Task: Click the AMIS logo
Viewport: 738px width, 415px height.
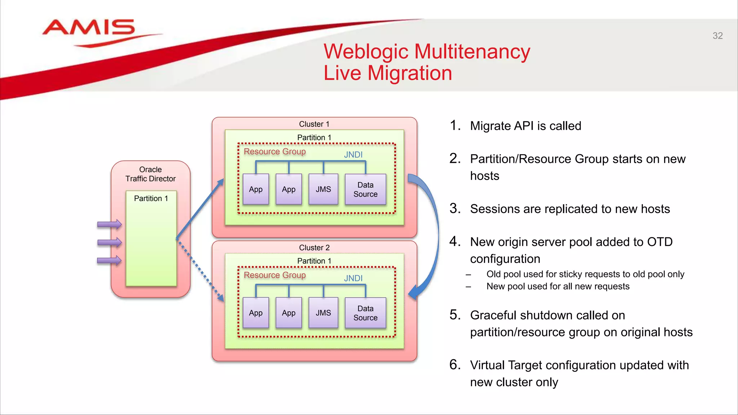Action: pyautogui.click(x=89, y=29)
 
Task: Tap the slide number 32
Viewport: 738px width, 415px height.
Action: pyautogui.click(x=717, y=36)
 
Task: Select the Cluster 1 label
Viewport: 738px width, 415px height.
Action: pyautogui.click(x=314, y=124)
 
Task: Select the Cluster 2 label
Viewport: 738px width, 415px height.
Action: pyautogui.click(x=314, y=247)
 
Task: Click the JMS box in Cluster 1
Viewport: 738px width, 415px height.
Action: pyautogui.click(x=323, y=189)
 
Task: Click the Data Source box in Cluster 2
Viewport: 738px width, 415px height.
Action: pyautogui.click(x=365, y=313)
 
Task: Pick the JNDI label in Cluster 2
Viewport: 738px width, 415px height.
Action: pyautogui.click(x=353, y=278)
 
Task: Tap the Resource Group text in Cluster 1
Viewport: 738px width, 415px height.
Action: pyautogui.click(x=275, y=152)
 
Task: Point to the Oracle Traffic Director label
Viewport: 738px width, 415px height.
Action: pyautogui.click(x=150, y=174)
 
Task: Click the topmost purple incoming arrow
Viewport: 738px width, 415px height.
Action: pyautogui.click(x=109, y=224)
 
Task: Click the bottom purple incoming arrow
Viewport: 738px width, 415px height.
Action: pyautogui.click(x=109, y=260)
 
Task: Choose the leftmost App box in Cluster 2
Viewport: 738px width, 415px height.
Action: pyautogui.click(x=256, y=313)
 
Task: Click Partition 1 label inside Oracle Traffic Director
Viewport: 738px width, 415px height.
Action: pyautogui.click(x=151, y=198)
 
